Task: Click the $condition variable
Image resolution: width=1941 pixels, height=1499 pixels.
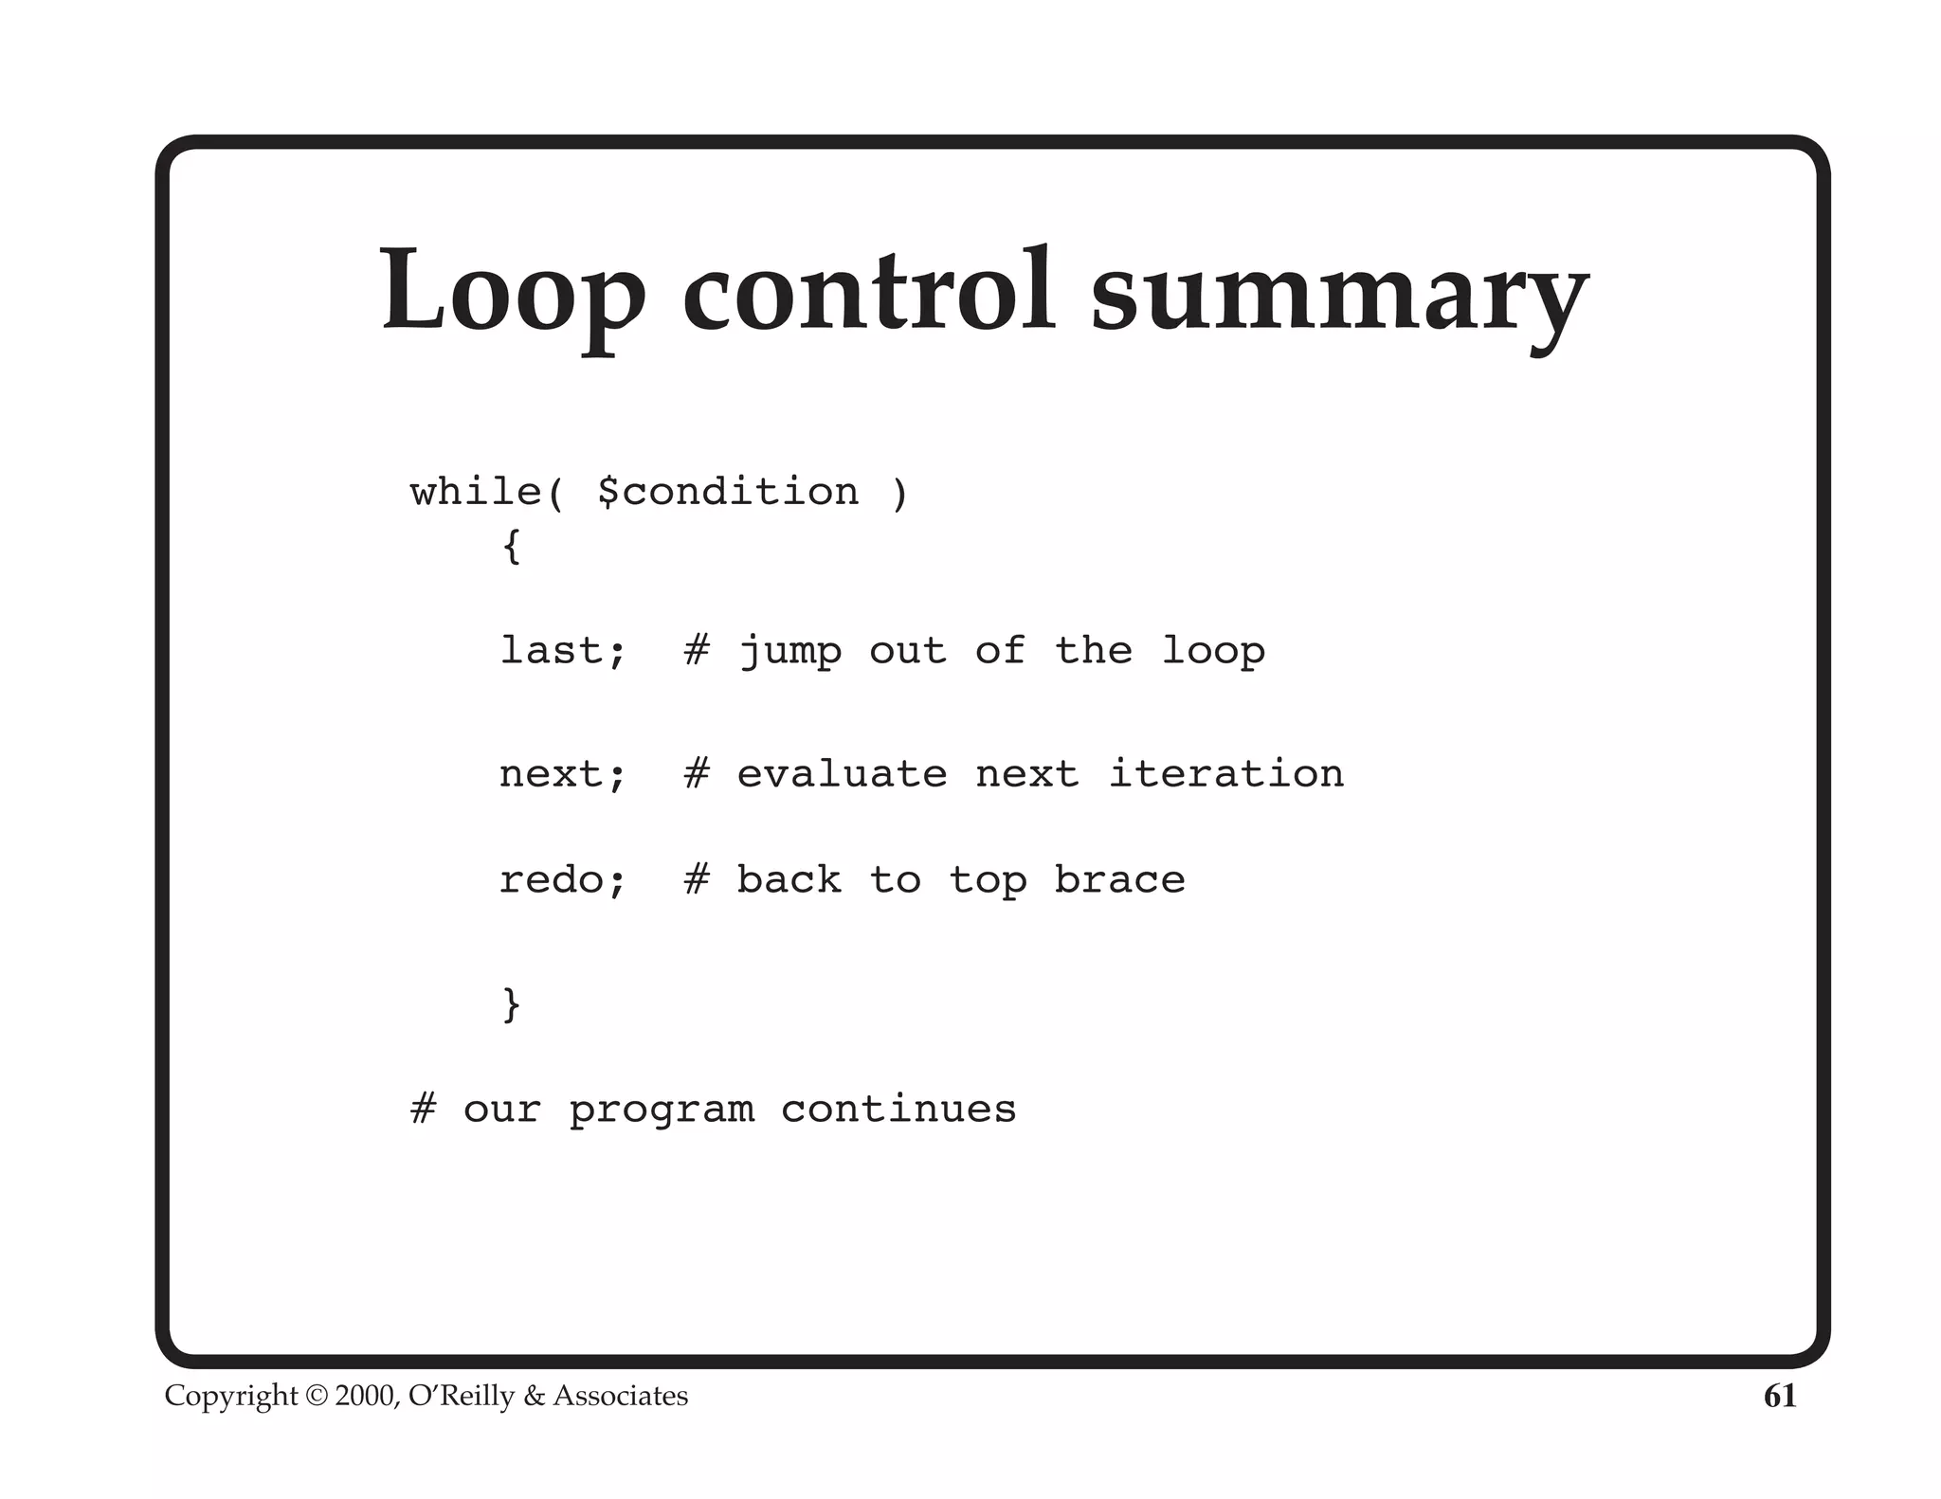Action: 728,492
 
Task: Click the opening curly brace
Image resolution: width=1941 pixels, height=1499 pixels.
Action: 512,547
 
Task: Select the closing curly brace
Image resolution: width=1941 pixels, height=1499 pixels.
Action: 512,1003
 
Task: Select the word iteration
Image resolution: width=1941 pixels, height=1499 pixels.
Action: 1225,773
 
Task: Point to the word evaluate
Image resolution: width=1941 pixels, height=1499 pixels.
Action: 842,774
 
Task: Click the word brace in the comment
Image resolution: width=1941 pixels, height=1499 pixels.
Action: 1119,880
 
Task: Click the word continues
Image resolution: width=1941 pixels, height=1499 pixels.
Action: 898,1109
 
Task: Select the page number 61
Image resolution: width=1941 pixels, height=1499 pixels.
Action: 1779,1396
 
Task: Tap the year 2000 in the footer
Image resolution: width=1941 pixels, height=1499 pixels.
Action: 366,1396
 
